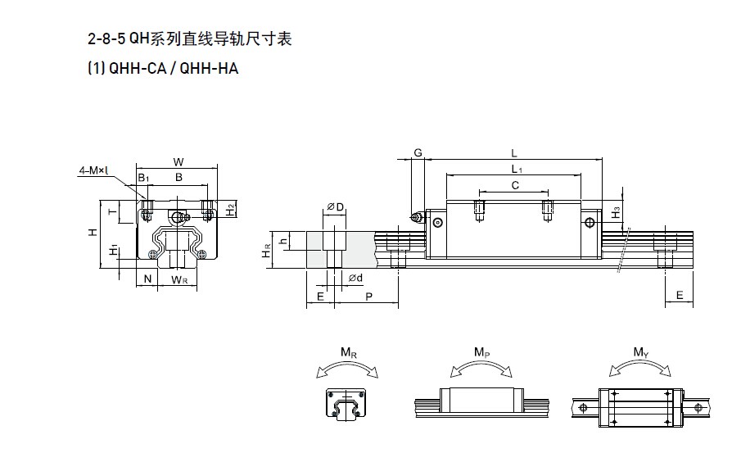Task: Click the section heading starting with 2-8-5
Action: click(189, 39)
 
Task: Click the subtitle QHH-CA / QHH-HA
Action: click(162, 69)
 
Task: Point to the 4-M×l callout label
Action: click(94, 170)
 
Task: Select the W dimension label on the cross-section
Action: click(178, 161)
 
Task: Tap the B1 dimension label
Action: click(143, 177)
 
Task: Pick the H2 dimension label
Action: click(231, 209)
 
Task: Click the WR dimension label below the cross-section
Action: click(180, 280)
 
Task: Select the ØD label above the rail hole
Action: click(334, 208)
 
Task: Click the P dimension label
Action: click(369, 297)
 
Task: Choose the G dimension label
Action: click(418, 154)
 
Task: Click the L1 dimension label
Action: click(517, 169)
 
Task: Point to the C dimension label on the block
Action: click(514, 185)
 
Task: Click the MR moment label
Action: click(349, 354)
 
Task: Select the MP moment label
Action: click(482, 352)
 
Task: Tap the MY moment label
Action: click(642, 352)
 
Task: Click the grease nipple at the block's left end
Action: click(417, 218)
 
